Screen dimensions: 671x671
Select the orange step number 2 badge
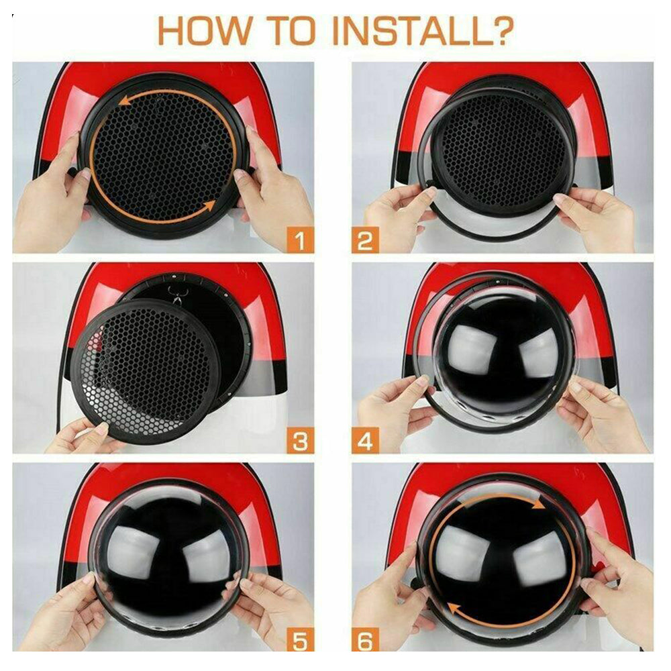[x=365, y=240]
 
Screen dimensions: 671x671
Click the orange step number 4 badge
[x=365, y=441]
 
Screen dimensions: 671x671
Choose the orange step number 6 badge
[x=365, y=641]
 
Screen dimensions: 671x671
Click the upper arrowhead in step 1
[x=125, y=101]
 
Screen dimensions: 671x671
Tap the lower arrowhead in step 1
[x=209, y=206]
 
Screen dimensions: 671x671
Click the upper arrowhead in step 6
[x=538, y=504]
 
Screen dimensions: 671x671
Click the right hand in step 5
[x=274, y=608]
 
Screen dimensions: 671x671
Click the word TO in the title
[x=292, y=31]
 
